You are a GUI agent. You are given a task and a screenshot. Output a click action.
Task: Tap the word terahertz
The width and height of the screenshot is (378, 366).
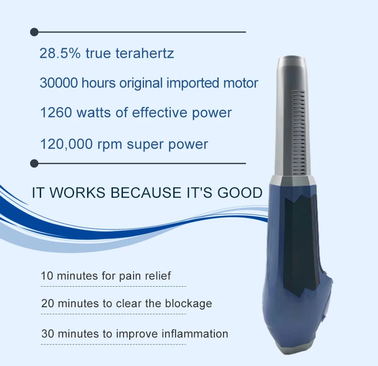(x=145, y=53)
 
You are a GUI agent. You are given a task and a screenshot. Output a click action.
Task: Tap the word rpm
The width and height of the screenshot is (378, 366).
(x=110, y=144)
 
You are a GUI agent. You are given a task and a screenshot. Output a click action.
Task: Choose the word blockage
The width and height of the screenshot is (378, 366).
(x=187, y=303)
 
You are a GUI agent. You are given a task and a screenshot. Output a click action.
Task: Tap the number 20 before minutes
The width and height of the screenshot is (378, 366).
(x=47, y=303)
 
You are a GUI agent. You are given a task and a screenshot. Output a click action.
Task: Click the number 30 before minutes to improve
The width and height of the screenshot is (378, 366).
(x=47, y=333)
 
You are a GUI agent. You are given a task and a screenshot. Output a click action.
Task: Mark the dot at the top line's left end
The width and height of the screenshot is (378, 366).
(x=34, y=32)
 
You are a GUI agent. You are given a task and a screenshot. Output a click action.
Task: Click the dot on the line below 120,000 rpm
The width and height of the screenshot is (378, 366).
(x=34, y=163)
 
